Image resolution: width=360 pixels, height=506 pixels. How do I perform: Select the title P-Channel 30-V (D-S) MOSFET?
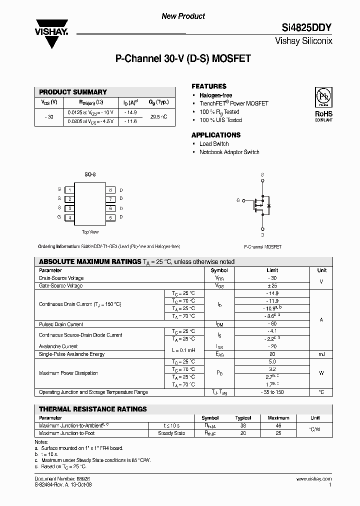[x=183, y=58]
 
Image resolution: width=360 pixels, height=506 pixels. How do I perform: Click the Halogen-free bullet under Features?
[x=215, y=95]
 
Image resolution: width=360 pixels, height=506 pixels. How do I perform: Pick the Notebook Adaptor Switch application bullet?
[x=229, y=152]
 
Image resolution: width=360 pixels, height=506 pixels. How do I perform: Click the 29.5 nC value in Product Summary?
[x=158, y=116]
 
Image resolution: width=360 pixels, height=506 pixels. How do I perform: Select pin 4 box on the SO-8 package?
[x=70, y=217]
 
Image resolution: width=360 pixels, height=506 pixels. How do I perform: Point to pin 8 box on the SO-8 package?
[x=109, y=190]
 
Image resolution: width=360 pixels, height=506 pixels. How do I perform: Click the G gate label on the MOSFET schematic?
[x=238, y=200]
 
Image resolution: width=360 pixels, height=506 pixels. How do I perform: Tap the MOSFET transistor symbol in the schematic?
[x=261, y=204]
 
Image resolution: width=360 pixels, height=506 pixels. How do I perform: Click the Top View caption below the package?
[x=90, y=231]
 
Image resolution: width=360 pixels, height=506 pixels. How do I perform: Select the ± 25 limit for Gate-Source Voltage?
[x=272, y=285]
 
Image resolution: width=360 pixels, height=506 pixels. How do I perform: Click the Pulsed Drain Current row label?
[x=61, y=324]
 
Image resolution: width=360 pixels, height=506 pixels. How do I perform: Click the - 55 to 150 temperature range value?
[x=272, y=392]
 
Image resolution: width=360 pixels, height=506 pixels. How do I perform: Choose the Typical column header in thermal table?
[x=243, y=417]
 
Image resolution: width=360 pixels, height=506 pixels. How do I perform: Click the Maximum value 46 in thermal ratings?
[x=278, y=425]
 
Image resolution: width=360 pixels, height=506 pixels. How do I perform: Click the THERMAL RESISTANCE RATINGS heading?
[x=93, y=409]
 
